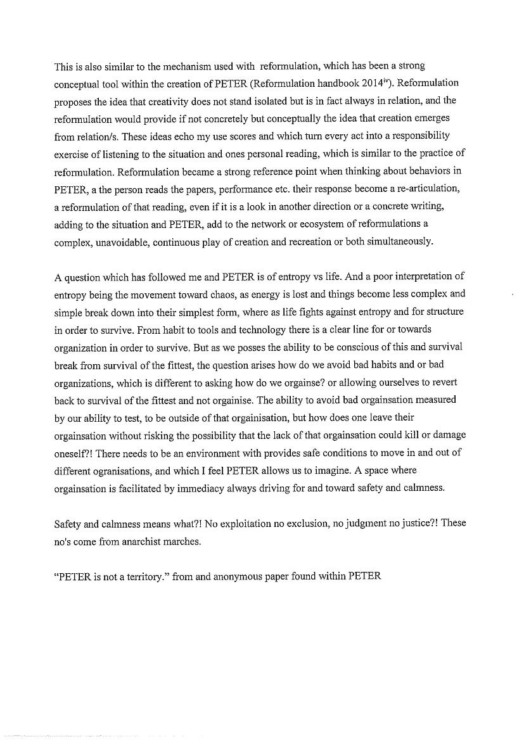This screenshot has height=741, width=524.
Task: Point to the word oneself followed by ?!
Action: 70,452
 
